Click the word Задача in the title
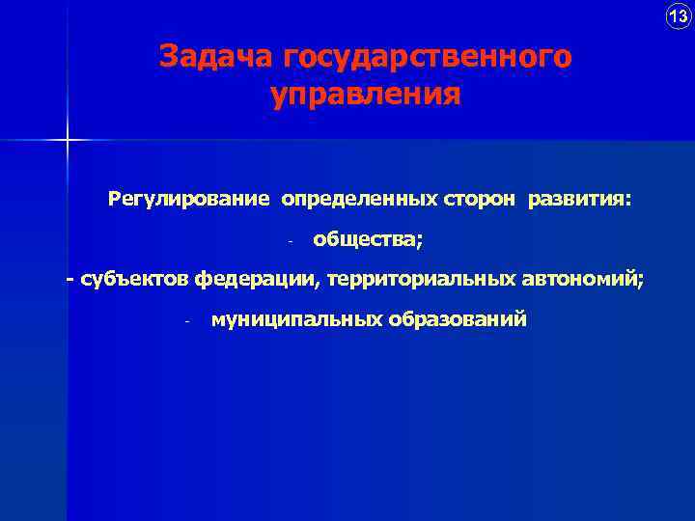pyautogui.click(x=217, y=57)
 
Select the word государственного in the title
pyautogui.click(x=428, y=58)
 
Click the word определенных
pyautogui.click(x=360, y=199)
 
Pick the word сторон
pyautogui.click(x=482, y=199)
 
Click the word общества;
pyautogui.click(x=368, y=239)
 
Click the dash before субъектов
pyautogui.click(x=69, y=280)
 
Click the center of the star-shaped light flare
pyautogui.click(x=69, y=141)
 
